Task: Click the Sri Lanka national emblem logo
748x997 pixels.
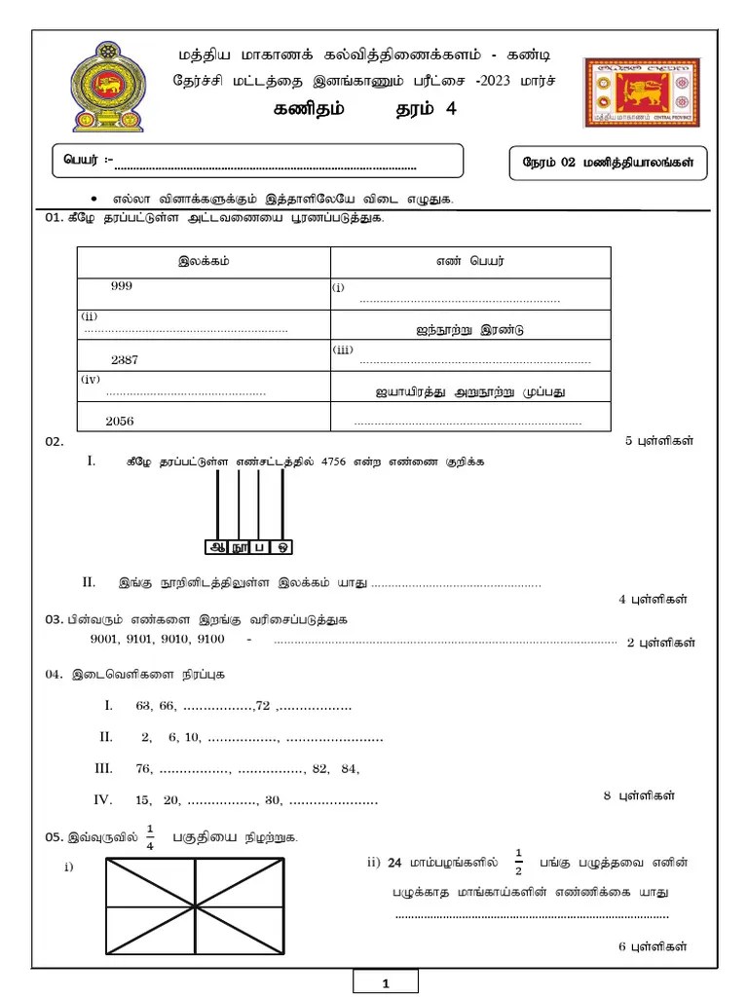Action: pos(107,88)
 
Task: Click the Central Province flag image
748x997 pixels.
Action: pos(642,92)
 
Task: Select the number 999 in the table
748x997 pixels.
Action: pos(122,286)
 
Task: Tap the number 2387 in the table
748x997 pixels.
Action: pos(125,359)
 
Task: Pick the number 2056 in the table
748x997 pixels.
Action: pos(121,421)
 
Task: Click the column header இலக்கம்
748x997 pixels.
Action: pos(205,261)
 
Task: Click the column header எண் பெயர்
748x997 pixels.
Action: pos(470,261)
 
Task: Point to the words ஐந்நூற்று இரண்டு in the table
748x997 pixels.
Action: pos(469,330)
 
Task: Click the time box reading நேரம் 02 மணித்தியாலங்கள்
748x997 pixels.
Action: pos(609,164)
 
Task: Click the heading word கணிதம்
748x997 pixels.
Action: pos(309,110)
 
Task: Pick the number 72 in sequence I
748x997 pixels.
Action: pos(262,705)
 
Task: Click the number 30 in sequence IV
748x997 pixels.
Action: pos(273,800)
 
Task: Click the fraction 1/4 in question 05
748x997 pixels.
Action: pos(150,837)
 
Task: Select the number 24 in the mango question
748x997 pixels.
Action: pos(393,862)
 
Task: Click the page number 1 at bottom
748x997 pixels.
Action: pos(386,983)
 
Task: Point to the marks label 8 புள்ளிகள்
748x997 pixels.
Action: pos(639,795)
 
